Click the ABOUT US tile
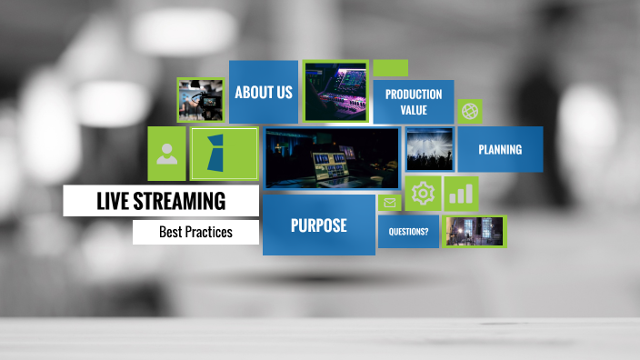click(263, 92)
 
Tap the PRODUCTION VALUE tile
click(414, 101)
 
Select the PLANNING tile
click(500, 149)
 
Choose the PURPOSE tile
click(318, 225)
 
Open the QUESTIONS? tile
click(408, 232)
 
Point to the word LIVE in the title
click(114, 201)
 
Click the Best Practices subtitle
click(195, 232)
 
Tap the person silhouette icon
click(167, 153)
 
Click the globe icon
click(470, 111)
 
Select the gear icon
click(423, 193)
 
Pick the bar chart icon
click(461, 193)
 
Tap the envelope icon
click(390, 203)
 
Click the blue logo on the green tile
click(224, 153)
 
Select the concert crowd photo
click(429, 149)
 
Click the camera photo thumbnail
click(201, 99)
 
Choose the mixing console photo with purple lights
click(335, 91)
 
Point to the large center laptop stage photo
click(332, 157)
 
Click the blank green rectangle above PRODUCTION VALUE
click(391, 67)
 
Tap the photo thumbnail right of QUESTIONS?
click(473, 231)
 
